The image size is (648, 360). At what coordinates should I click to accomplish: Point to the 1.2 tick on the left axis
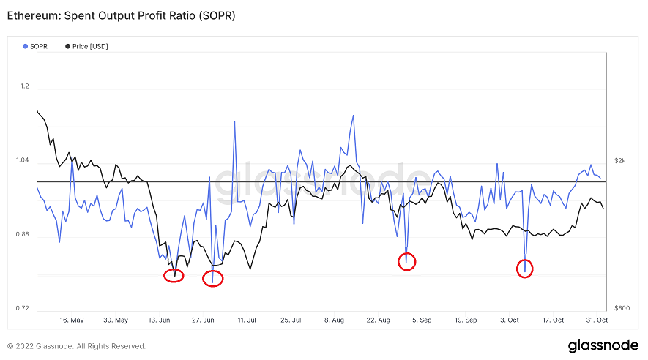coord(25,86)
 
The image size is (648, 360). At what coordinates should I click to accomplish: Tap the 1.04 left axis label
coord(23,160)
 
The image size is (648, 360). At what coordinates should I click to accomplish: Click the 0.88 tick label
coord(23,234)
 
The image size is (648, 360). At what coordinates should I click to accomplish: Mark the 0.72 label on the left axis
coord(23,308)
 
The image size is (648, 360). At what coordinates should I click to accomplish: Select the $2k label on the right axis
coord(619,160)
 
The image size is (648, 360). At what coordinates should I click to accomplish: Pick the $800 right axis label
coord(621,308)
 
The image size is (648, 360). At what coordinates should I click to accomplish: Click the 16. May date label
coord(72,320)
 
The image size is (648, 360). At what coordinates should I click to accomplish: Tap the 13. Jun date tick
coord(160,320)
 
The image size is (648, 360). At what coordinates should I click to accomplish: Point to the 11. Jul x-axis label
coord(247,320)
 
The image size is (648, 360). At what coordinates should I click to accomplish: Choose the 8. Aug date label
coord(334,320)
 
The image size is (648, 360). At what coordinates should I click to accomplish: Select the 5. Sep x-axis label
coord(422,320)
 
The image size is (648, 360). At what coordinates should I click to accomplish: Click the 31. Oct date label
coord(597,320)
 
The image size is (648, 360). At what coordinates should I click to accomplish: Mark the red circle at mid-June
coord(174,275)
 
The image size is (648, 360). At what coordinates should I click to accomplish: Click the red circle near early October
coord(524,269)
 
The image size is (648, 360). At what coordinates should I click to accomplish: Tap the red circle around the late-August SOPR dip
coord(407,260)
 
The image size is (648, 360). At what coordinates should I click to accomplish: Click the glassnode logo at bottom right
coord(603,345)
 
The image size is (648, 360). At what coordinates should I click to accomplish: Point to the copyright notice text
coord(77,346)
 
